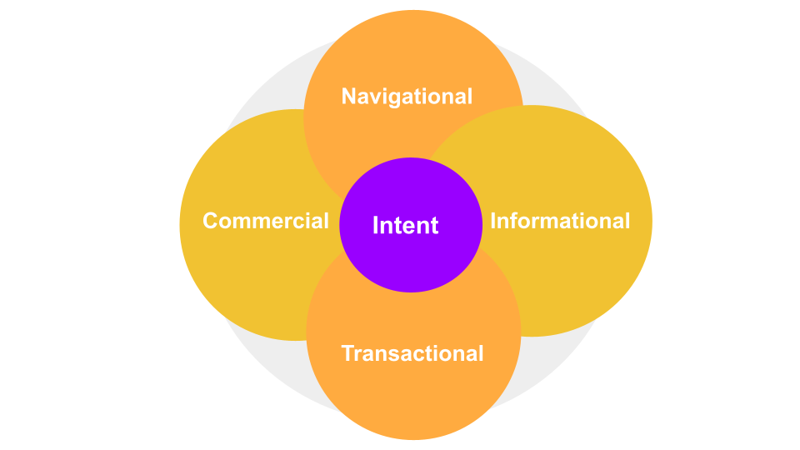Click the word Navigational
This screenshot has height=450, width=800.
[407, 97]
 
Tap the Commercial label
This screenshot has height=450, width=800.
[266, 221]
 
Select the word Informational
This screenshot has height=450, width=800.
[560, 221]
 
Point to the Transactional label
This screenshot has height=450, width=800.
[412, 353]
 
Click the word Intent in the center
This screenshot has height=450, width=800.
[405, 225]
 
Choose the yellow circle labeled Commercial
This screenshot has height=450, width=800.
[242, 275]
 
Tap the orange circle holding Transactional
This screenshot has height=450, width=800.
[413, 400]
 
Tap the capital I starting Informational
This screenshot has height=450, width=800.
[493, 221]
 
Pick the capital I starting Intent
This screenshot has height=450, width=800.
[376, 225]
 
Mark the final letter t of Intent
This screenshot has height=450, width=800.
[434, 226]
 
